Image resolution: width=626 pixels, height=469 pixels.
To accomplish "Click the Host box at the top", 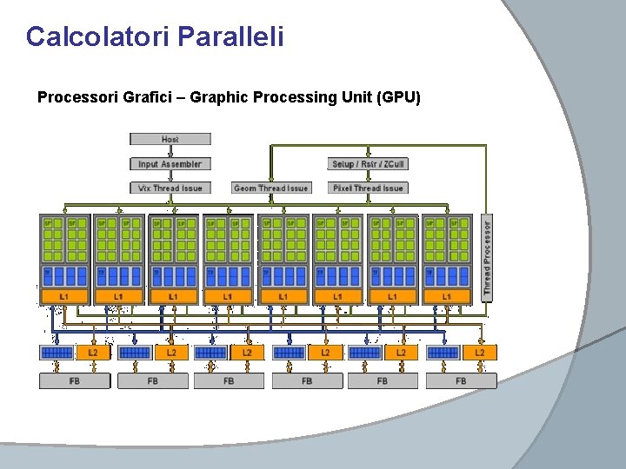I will click(170, 139).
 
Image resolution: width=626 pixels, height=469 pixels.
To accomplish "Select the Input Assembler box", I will click(170, 163).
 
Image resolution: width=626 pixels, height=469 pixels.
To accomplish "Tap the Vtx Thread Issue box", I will click(170, 188).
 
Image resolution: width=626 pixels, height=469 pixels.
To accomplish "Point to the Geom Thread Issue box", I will click(271, 188).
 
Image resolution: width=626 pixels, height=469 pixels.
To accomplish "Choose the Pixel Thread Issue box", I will click(369, 188).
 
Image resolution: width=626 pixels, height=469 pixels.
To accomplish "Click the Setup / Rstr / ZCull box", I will click(369, 163).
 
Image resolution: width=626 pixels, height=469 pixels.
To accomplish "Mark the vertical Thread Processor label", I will click(487, 258).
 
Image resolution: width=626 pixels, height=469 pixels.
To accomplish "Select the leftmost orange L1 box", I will click(63, 297).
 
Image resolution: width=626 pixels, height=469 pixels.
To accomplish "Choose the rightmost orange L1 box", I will click(447, 297).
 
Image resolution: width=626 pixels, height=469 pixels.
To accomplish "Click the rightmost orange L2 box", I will click(479, 353).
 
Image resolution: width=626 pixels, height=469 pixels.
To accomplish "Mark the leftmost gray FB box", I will click(75, 380).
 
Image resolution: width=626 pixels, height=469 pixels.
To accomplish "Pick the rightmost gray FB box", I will click(461, 380).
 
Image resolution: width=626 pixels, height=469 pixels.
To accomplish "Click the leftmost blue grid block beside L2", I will click(57, 353).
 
